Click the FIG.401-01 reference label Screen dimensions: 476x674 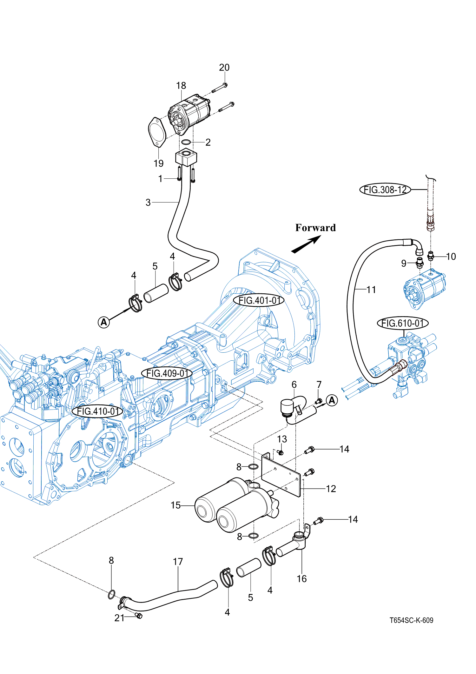[x=259, y=300]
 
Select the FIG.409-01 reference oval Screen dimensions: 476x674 [x=167, y=373]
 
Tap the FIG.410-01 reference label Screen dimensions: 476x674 [x=98, y=411]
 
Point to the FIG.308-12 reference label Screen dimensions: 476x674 [x=385, y=190]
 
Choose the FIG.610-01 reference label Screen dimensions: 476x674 [x=403, y=323]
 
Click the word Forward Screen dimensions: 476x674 [x=315, y=228]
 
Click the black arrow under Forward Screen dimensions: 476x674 [x=306, y=244]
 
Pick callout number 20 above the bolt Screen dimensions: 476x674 [x=224, y=67]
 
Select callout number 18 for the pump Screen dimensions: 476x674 [x=181, y=85]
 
